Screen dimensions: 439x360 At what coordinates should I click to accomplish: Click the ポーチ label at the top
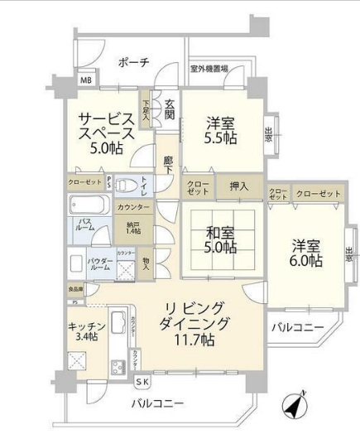coord(132,61)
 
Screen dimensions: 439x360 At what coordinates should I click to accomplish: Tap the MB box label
coord(86,81)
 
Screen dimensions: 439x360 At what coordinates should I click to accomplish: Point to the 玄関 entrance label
coord(169,109)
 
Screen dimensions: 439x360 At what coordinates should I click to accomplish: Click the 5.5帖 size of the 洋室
coord(221,138)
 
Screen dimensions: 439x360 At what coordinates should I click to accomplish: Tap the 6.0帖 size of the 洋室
coord(305,260)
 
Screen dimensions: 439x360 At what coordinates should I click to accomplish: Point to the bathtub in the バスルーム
coord(86,203)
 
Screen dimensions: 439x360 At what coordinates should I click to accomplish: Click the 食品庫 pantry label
coord(75,289)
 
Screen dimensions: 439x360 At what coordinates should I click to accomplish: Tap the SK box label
coord(142,382)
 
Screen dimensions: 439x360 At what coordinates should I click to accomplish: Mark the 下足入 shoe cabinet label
coord(146,110)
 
